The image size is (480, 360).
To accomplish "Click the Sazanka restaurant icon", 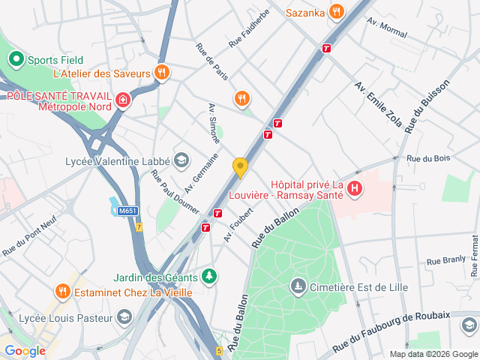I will pyautogui.click(x=336, y=11).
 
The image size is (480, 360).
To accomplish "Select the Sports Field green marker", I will pyautogui.click(x=15, y=58).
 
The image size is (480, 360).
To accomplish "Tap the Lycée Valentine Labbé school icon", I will pyautogui.click(x=181, y=160).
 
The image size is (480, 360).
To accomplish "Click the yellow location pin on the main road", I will pyautogui.click(x=240, y=167).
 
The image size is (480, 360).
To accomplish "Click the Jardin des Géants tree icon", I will pyautogui.click(x=211, y=276).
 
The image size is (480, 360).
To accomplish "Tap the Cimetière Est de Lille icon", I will pyautogui.click(x=298, y=286).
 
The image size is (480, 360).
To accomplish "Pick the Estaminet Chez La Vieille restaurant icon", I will pyautogui.click(x=63, y=291).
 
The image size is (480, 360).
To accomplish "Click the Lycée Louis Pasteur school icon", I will pyautogui.click(x=123, y=317).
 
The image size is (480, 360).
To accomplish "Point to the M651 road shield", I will pyautogui.click(x=127, y=211).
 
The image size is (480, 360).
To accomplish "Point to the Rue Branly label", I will pyautogui.click(x=446, y=261).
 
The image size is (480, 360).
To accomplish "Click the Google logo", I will pyautogui.click(x=25, y=350).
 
